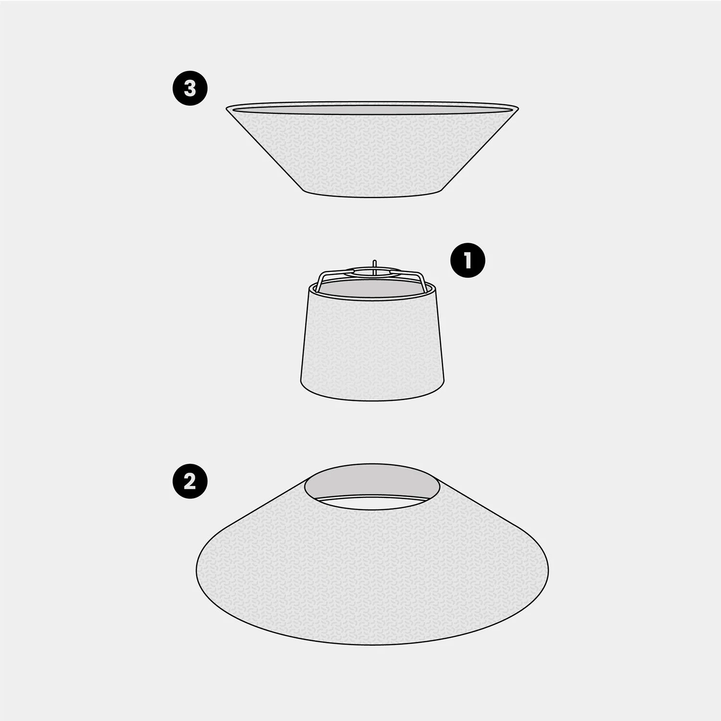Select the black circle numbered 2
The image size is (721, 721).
tap(190, 481)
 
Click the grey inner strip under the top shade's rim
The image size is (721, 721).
tap(373, 111)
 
